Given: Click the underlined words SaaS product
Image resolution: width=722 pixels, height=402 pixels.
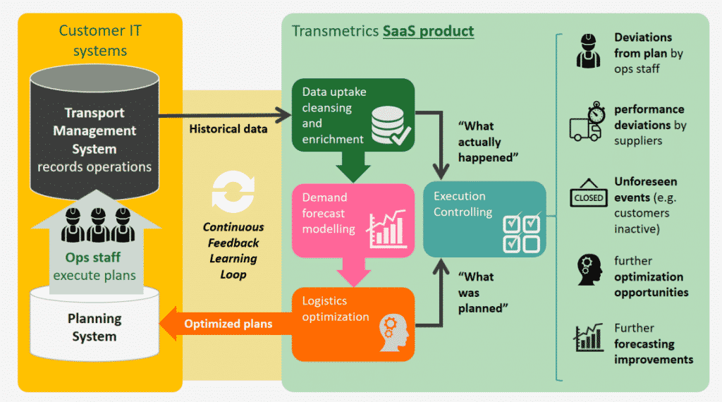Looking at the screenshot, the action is pos(428,31).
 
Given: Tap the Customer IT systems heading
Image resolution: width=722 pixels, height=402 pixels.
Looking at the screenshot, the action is pos(100,40).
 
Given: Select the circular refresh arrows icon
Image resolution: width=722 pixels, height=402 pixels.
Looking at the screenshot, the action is pos(233,192).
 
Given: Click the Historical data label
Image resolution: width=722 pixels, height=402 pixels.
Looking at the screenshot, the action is pos(228,128).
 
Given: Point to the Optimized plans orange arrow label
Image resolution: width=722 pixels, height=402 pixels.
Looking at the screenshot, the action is pos(228,324).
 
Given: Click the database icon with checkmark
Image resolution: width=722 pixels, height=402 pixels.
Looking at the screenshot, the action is pos(391,126).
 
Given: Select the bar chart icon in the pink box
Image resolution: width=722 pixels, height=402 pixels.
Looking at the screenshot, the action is pos(387,229).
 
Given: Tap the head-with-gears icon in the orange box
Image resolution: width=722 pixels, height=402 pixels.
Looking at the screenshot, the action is pos(393,333).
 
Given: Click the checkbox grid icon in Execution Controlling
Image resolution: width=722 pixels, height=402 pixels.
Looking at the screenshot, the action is pos(521,233).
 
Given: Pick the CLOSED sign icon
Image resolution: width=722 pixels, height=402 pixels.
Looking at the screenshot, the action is pos(589,193).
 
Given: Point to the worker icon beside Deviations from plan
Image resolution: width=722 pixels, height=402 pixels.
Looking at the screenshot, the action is pos(588,51).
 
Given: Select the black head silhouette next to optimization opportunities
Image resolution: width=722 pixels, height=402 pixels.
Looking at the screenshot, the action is pos(589,269).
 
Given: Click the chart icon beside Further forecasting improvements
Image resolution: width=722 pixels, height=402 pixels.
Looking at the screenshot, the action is pos(588,337).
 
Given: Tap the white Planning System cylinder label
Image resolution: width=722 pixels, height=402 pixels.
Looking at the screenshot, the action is pos(94,327).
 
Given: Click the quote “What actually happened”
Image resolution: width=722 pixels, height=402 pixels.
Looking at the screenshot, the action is pos(488,142).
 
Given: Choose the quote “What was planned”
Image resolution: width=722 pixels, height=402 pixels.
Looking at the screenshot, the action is pos(483,293).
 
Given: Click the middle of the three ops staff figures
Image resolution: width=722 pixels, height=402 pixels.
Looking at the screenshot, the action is pos(98,225).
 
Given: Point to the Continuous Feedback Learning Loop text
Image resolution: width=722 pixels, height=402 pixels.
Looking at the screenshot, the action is pos(233,250).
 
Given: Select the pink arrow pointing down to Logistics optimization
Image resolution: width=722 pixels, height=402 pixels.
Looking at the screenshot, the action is pos(354,272).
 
